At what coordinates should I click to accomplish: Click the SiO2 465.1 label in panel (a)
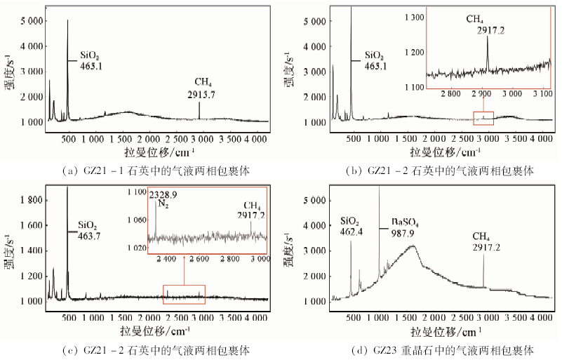click(x=90, y=60)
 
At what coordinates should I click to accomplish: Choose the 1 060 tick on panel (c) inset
click(x=135, y=220)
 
